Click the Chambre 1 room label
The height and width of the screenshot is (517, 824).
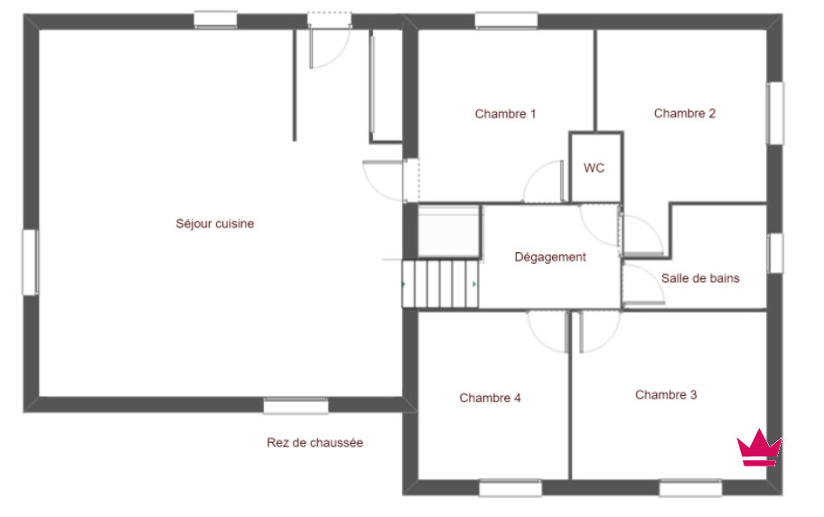505,114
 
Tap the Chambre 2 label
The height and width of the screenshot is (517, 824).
684,113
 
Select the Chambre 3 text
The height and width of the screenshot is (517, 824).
666,394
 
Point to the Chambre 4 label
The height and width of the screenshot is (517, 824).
490,398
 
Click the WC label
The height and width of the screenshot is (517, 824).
594,168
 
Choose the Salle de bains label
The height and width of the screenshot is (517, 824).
700,278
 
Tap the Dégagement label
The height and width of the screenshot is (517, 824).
549,258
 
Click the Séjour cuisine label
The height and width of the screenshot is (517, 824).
214,223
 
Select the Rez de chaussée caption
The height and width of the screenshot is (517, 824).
314,442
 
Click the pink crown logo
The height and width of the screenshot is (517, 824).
759,448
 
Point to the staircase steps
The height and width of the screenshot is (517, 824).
440,284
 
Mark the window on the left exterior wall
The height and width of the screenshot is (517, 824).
30,262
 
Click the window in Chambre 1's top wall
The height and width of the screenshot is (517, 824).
506,21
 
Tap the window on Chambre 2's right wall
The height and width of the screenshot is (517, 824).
774,113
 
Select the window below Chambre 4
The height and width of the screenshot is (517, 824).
510,487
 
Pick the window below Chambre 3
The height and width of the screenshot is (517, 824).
690,487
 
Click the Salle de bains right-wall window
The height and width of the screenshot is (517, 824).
775,253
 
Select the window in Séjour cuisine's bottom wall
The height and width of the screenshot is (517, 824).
295,406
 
